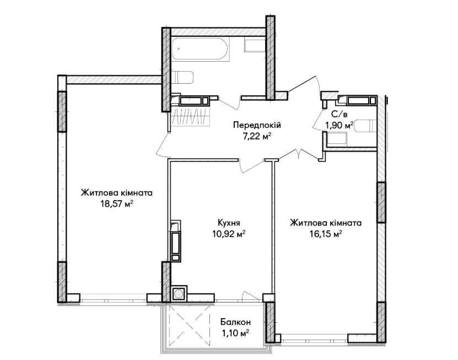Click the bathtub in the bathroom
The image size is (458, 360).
tap(201, 49)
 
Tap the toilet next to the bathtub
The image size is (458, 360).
tap(182, 77)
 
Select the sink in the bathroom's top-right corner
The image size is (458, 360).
tap(255, 46)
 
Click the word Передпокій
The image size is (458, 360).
tap(257, 125)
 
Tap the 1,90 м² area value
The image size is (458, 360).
tap(340, 126)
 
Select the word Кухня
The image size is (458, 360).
tap(229, 223)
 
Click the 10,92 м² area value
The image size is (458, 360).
tap(229, 234)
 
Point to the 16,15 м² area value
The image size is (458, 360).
tap(326, 234)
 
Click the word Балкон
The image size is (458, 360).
tap(235, 322)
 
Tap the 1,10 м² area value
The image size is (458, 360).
tap(235, 333)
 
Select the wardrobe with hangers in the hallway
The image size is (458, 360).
tap(191, 116)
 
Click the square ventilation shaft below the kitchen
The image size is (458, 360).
tap(178, 294)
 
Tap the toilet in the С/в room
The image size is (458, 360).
tap(364, 126)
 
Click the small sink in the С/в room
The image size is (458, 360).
tap(337, 139)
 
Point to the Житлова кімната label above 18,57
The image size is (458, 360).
tap(117, 193)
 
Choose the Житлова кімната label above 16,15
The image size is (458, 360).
tap(326, 223)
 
